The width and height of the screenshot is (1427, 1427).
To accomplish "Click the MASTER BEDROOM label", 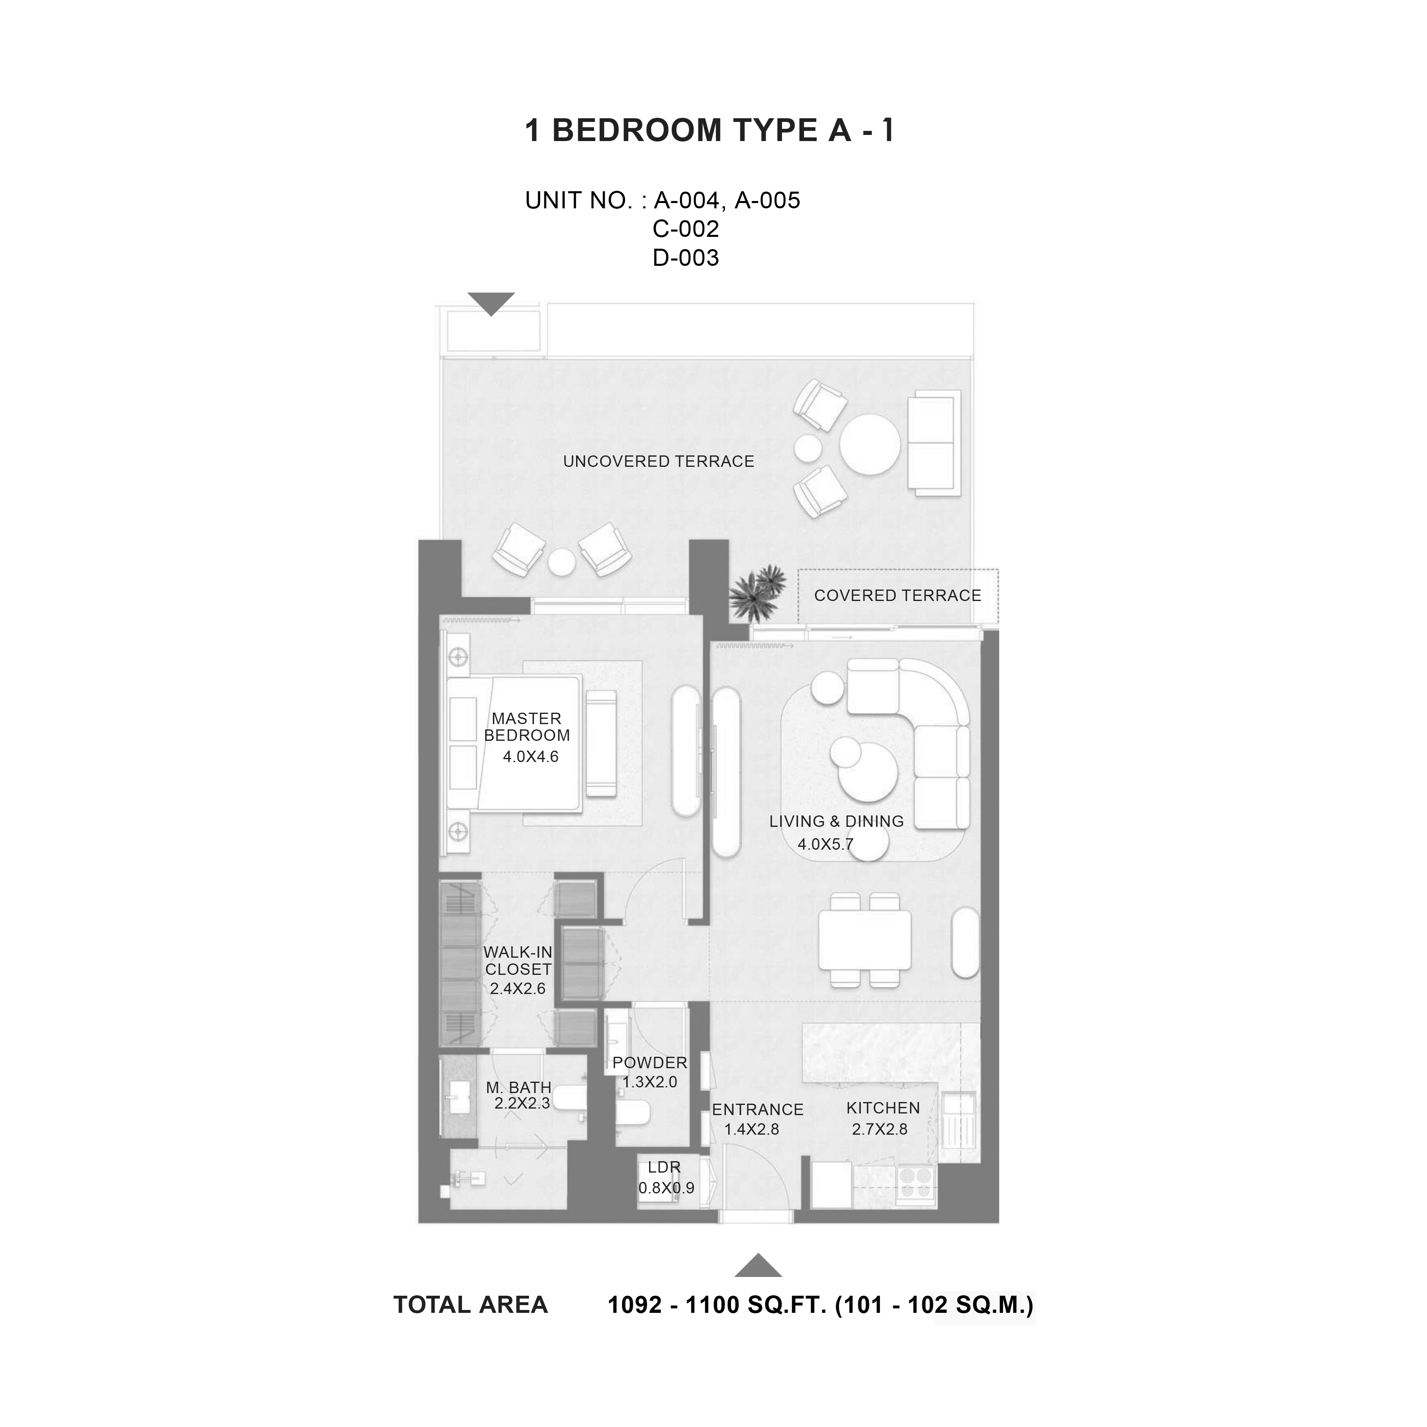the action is (527, 727).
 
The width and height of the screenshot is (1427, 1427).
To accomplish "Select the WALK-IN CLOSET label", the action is (518, 961).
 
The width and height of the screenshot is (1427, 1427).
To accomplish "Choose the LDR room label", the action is (664, 1167).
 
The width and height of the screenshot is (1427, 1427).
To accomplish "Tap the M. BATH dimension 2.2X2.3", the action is (522, 1104).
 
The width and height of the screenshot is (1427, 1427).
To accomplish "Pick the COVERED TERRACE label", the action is (897, 595).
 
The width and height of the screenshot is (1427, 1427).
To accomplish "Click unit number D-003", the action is (685, 258).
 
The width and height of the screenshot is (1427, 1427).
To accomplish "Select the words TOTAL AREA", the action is (471, 1305).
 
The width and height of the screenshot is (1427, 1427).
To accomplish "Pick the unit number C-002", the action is (685, 229).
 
